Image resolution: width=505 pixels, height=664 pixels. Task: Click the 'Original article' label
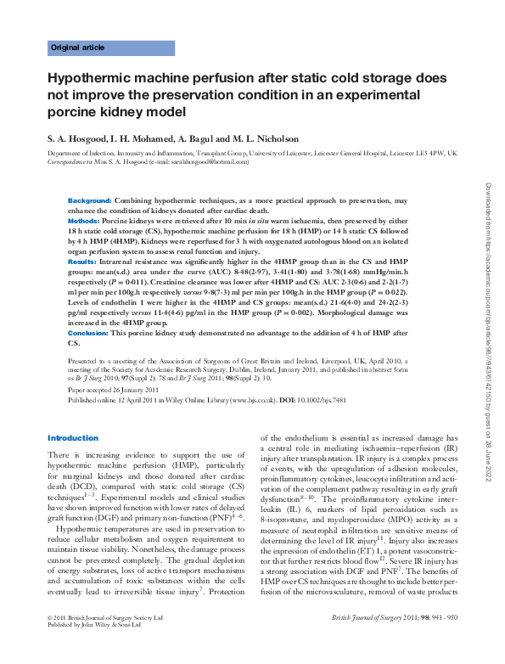click(x=78, y=48)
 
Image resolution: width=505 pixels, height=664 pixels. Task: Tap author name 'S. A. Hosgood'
click(x=76, y=138)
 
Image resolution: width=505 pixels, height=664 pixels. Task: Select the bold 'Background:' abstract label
click(x=89, y=199)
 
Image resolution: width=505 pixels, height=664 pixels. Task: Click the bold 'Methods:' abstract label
click(x=84, y=220)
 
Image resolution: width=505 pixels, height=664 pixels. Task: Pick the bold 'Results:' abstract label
click(x=82, y=262)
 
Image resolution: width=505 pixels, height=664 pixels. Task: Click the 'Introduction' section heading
click(x=73, y=438)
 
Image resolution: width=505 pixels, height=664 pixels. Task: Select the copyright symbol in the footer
click(x=49, y=641)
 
